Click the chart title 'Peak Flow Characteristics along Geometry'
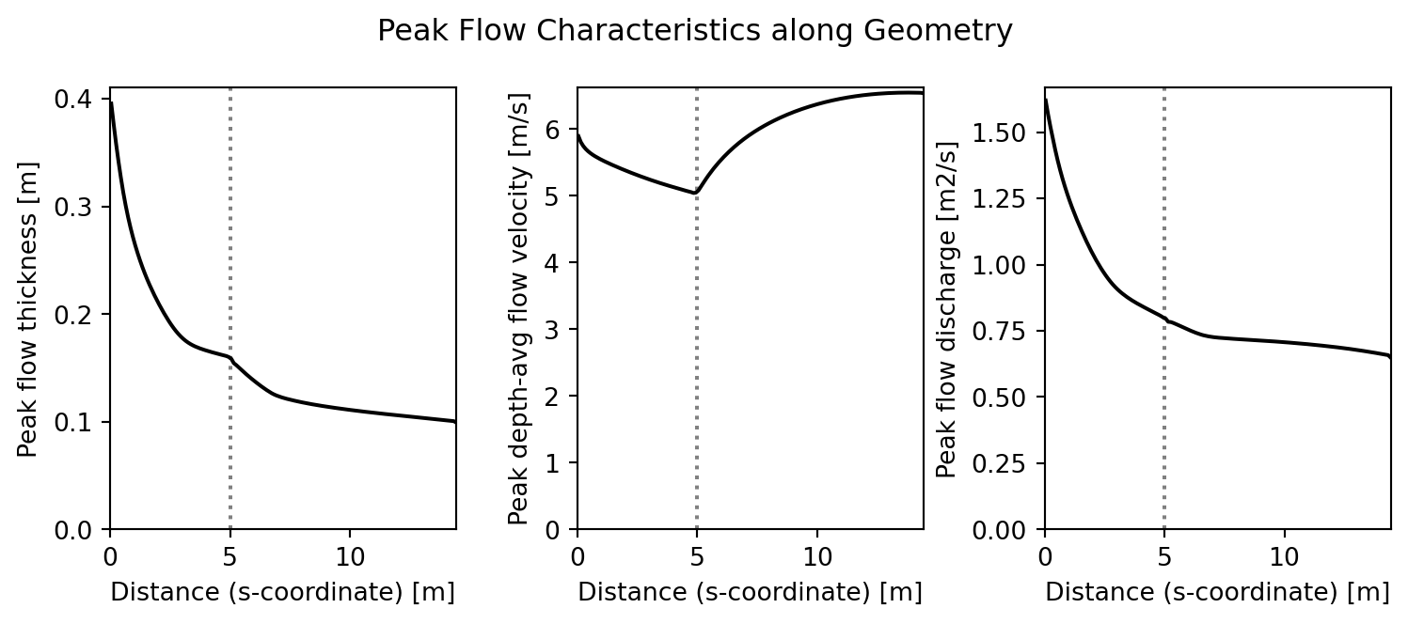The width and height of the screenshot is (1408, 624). pyautogui.click(x=694, y=32)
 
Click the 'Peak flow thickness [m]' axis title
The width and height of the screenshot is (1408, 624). pyautogui.click(x=28, y=308)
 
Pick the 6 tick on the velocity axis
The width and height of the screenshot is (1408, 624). pyautogui.click(x=563, y=130)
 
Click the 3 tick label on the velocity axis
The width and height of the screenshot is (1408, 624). pyautogui.click(x=563, y=330)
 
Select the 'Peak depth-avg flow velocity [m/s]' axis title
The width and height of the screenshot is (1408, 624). pyautogui.click(x=518, y=308)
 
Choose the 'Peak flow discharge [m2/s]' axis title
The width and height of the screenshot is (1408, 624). pyautogui.click(x=947, y=308)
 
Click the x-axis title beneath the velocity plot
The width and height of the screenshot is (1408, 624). pyautogui.click(x=750, y=592)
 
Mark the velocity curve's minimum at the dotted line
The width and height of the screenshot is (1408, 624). pyautogui.click(x=696, y=193)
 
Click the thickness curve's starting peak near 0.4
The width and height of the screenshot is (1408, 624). pyautogui.click(x=111, y=103)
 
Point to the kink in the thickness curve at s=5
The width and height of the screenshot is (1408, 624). pyautogui.click(x=230, y=358)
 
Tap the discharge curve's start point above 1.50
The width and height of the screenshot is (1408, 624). pyautogui.click(x=1046, y=100)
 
